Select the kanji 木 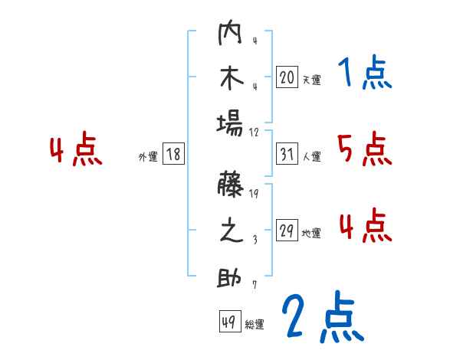click(230, 79)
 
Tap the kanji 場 click(230, 123)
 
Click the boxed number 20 click(287, 77)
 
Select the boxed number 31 click(287, 155)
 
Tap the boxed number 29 click(287, 231)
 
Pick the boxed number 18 click(173, 155)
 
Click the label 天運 click(311, 79)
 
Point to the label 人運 click(311, 157)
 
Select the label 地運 click(311, 234)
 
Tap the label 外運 click(148, 157)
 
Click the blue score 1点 click(364, 74)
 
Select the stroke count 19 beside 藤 click(255, 195)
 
